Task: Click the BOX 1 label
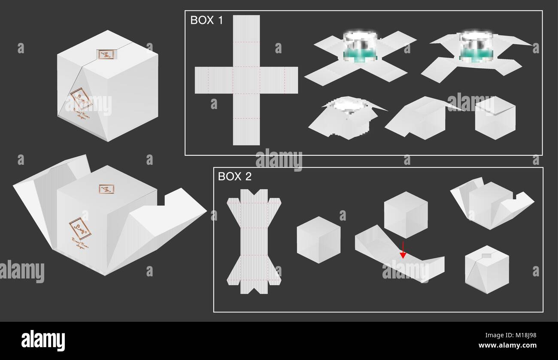(206, 21)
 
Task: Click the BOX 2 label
(234, 176)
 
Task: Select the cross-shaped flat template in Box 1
(246, 80)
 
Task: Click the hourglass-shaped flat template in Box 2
(253, 241)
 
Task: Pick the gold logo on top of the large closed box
(105, 54)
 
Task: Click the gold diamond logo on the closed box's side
(81, 99)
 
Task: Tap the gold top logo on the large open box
(106, 189)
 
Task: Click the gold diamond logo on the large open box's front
(80, 228)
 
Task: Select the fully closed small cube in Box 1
(495, 118)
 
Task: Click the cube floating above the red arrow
(405, 215)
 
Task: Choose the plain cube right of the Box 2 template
(318, 239)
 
